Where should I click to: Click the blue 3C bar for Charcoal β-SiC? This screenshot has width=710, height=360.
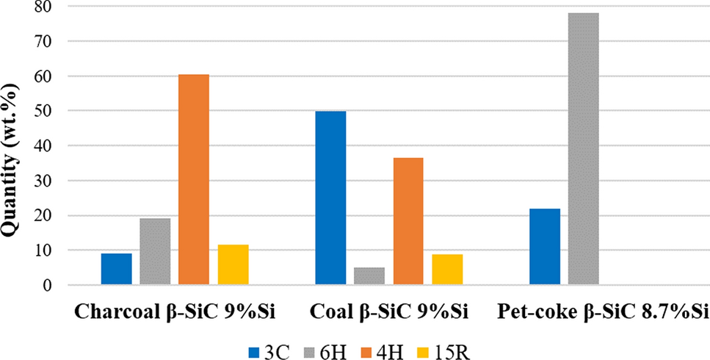pyautogui.click(x=116, y=269)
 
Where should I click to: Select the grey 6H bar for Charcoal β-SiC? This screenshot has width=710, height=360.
pyautogui.click(x=156, y=251)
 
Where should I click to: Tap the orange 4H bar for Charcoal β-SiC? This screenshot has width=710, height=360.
pyautogui.click(x=194, y=179)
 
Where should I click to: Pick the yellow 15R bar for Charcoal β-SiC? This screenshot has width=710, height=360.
pyautogui.click(x=233, y=264)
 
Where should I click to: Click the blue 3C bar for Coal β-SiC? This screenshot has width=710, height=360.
pyautogui.click(x=330, y=198)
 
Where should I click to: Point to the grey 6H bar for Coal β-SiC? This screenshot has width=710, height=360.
pyautogui.click(x=369, y=276)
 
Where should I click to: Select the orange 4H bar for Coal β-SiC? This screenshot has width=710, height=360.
pyautogui.click(x=408, y=221)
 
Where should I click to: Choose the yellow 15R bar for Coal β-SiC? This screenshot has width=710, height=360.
pyautogui.click(x=447, y=270)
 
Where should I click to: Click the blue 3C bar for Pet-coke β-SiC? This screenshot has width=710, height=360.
pyautogui.click(x=545, y=246)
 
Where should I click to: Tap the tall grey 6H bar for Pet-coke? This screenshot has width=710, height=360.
pyautogui.click(x=584, y=148)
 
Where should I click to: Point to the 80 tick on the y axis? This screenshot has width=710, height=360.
pyautogui.click(x=46, y=7)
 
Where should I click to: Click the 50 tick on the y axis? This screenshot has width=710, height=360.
pyautogui.click(x=46, y=111)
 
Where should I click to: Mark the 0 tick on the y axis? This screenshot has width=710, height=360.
pyautogui.click(x=51, y=285)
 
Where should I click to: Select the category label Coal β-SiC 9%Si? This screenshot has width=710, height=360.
pyautogui.click(x=389, y=312)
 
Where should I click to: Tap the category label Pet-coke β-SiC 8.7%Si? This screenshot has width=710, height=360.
pyautogui.click(x=603, y=312)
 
